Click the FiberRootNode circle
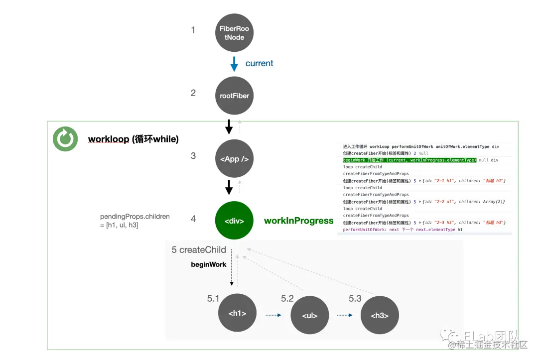234,33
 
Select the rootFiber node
234,96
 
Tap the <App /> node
234,159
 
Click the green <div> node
234,221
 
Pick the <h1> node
237,313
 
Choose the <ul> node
310,315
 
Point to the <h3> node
380,315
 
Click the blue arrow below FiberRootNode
234,64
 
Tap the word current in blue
259,63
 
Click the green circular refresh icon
65,139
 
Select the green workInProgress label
298,221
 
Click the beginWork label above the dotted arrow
209,264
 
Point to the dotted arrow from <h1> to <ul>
273,315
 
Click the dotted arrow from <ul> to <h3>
345,315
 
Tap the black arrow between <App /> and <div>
229,187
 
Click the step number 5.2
287,299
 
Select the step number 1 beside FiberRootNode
193,30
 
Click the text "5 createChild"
199,250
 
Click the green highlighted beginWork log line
409,160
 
